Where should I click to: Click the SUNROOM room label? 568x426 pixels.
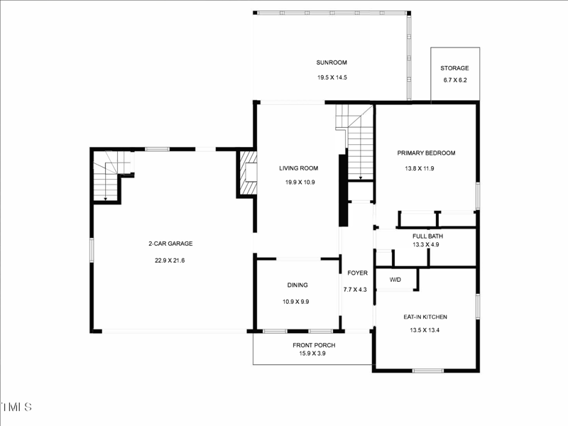[x=332, y=62]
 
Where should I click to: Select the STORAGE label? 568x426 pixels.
[x=455, y=68]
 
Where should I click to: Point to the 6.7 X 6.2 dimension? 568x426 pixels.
[x=455, y=80]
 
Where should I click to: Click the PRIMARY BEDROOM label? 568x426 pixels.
[x=426, y=153]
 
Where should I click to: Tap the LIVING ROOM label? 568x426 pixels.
[x=298, y=168]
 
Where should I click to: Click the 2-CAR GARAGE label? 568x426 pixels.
[x=170, y=244]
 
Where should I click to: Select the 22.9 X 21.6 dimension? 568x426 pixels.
[x=170, y=261]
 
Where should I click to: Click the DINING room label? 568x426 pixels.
[x=297, y=285]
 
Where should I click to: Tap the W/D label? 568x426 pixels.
[x=395, y=280]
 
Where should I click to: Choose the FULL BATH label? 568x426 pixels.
[x=427, y=236]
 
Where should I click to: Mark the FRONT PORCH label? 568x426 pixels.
[x=314, y=345]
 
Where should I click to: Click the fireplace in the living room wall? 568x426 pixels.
[x=246, y=173]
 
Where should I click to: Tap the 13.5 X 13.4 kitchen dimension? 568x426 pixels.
[x=426, y=329]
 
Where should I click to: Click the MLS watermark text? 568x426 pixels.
[x=16, y=407]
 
